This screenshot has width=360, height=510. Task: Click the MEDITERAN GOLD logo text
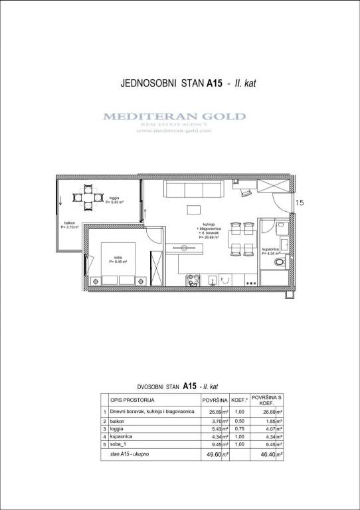click(x=174, y=117)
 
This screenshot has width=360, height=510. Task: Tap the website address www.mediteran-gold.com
click(x=174, y=131)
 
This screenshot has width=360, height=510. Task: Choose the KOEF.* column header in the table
click(x=240, y=400)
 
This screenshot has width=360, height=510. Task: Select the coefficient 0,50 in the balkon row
click(x=240, y=422)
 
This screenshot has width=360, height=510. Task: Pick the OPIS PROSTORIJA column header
click(x=134, y=400)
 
